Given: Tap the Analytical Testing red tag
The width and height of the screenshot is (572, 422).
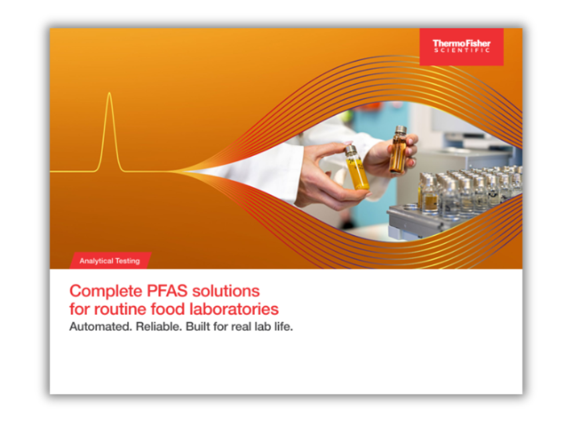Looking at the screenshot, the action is (x=110, y=260).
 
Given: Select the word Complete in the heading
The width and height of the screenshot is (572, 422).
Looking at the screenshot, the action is (x=106, y=291).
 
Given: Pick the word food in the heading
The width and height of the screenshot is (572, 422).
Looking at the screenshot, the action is (x=167, y=309).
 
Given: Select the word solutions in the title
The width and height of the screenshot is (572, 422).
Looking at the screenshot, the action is (x=226, y=291).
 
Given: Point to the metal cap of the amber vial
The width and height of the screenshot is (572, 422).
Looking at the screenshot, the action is (x=401, y=130).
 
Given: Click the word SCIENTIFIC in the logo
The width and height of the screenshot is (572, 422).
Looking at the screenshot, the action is (x=462, y=50).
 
